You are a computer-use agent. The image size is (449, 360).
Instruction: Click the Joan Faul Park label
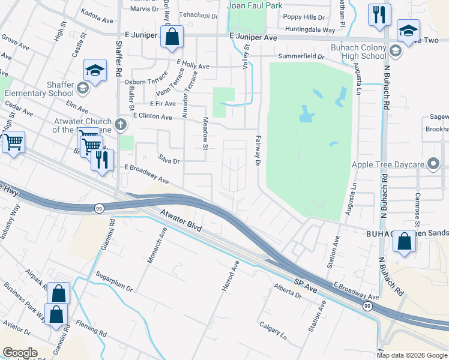[255, 5]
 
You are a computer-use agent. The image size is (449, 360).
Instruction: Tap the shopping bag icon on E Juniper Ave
[172, 37]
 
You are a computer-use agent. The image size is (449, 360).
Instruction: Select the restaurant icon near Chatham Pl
[379, 15]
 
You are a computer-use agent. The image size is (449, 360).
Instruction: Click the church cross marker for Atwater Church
[121, 125]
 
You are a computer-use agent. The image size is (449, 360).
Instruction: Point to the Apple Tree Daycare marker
[433, 164]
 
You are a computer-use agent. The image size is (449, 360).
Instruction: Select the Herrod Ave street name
[231, 277]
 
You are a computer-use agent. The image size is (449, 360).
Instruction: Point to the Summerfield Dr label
[301, 56]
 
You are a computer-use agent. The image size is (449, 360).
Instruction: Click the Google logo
[19, 352]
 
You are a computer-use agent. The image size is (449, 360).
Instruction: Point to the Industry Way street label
[11, 223]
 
